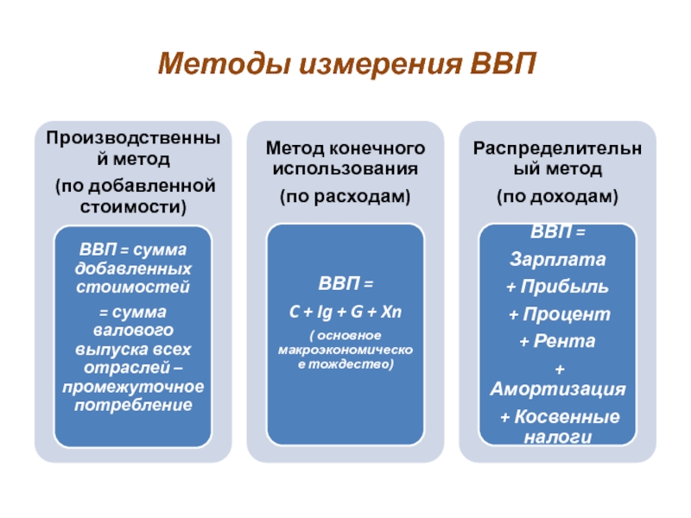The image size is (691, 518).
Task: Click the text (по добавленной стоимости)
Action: coord(133,196)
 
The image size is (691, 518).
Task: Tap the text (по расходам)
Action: coord(345,198)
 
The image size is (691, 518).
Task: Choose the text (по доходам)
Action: coord(557,198)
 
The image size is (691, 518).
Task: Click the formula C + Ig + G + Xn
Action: coord(345,310)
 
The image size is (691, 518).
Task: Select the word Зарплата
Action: coord(558,259)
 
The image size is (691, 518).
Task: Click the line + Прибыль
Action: coord(558,286)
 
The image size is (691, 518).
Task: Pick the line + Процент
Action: coord(558,313)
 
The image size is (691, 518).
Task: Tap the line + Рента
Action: coord(558,341)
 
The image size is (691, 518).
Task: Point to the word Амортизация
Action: coord(558,390)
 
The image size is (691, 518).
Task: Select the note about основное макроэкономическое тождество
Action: coord(345,350)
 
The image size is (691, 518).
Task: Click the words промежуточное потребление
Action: coord(133,395)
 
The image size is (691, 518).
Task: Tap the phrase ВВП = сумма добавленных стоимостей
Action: coord(133,268)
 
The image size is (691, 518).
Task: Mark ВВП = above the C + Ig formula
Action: coord(345,283)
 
